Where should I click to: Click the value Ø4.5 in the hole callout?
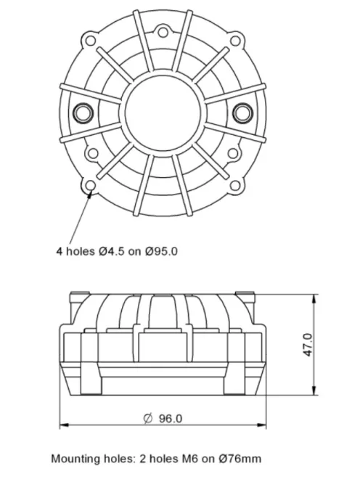(x=112, y=252)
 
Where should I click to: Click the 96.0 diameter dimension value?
(x=168, y=418)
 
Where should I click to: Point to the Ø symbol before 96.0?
(x=148, y=418)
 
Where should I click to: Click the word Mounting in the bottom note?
(x=75, y=459)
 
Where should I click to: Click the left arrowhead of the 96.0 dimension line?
(x=62, y=424)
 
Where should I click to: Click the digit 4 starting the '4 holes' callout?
(x=60, y=252)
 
